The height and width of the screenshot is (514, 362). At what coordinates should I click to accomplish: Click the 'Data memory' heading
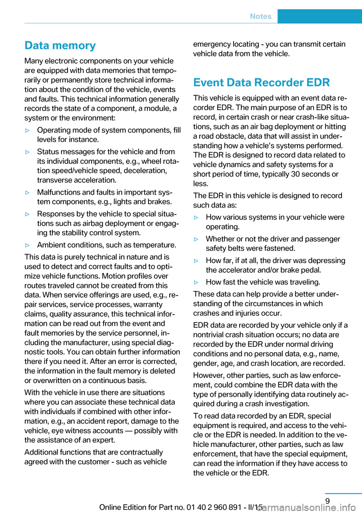pyautogui.click(x=60, y=46)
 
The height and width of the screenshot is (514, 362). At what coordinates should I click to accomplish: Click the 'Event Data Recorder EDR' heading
pyautogui.click(x=261, y=83)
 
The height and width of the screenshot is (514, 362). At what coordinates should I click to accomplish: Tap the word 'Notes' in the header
pyautogui.click(x=261, y=16)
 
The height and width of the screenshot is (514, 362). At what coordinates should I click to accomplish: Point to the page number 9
pyautogui.click(x=327, y=501)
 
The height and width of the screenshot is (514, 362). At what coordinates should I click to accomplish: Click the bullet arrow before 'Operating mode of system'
pyautogui.click(x=27, y=131)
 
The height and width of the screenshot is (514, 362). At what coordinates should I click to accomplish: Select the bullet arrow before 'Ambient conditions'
pyautogui.click(x=27, y=245)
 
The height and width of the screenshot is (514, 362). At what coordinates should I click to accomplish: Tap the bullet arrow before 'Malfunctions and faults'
pyautogui.click(x=27, y=192)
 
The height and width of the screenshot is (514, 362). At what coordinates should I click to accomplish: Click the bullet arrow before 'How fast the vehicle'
pyautogui.click(x=196, y=282)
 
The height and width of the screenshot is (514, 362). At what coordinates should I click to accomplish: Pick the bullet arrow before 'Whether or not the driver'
pyautogui.click(x=196, y=239)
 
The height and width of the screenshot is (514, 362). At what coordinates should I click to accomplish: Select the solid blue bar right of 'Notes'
pyautogui.click(x=319, y=16)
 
